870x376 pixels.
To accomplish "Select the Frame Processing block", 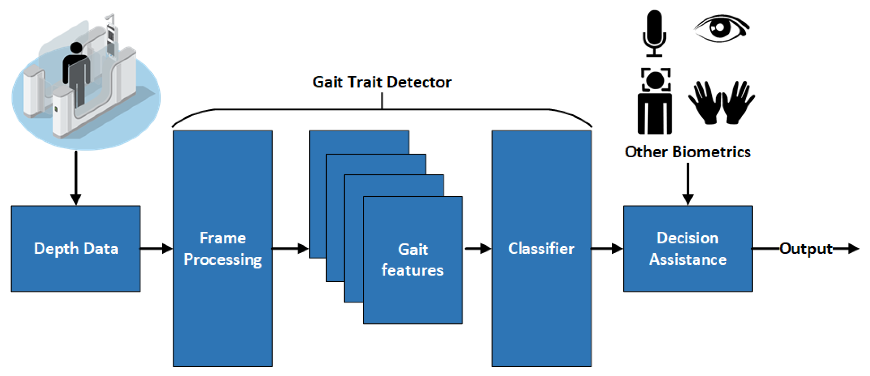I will [223, 248].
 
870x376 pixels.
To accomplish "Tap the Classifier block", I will [541, 248].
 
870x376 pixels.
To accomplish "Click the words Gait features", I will [412, 260].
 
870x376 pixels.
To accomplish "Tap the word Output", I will [805, 249].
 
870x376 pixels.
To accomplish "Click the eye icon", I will [721, 28].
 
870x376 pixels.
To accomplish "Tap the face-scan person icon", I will [655, 101].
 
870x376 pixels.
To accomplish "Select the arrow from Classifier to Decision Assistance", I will [606, 249].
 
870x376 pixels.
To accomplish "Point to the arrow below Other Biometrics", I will [688, 184].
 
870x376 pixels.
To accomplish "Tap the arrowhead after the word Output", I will [853, 249].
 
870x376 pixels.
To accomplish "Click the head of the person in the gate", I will [77, 47].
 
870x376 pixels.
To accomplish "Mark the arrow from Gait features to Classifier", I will [477, 249].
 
